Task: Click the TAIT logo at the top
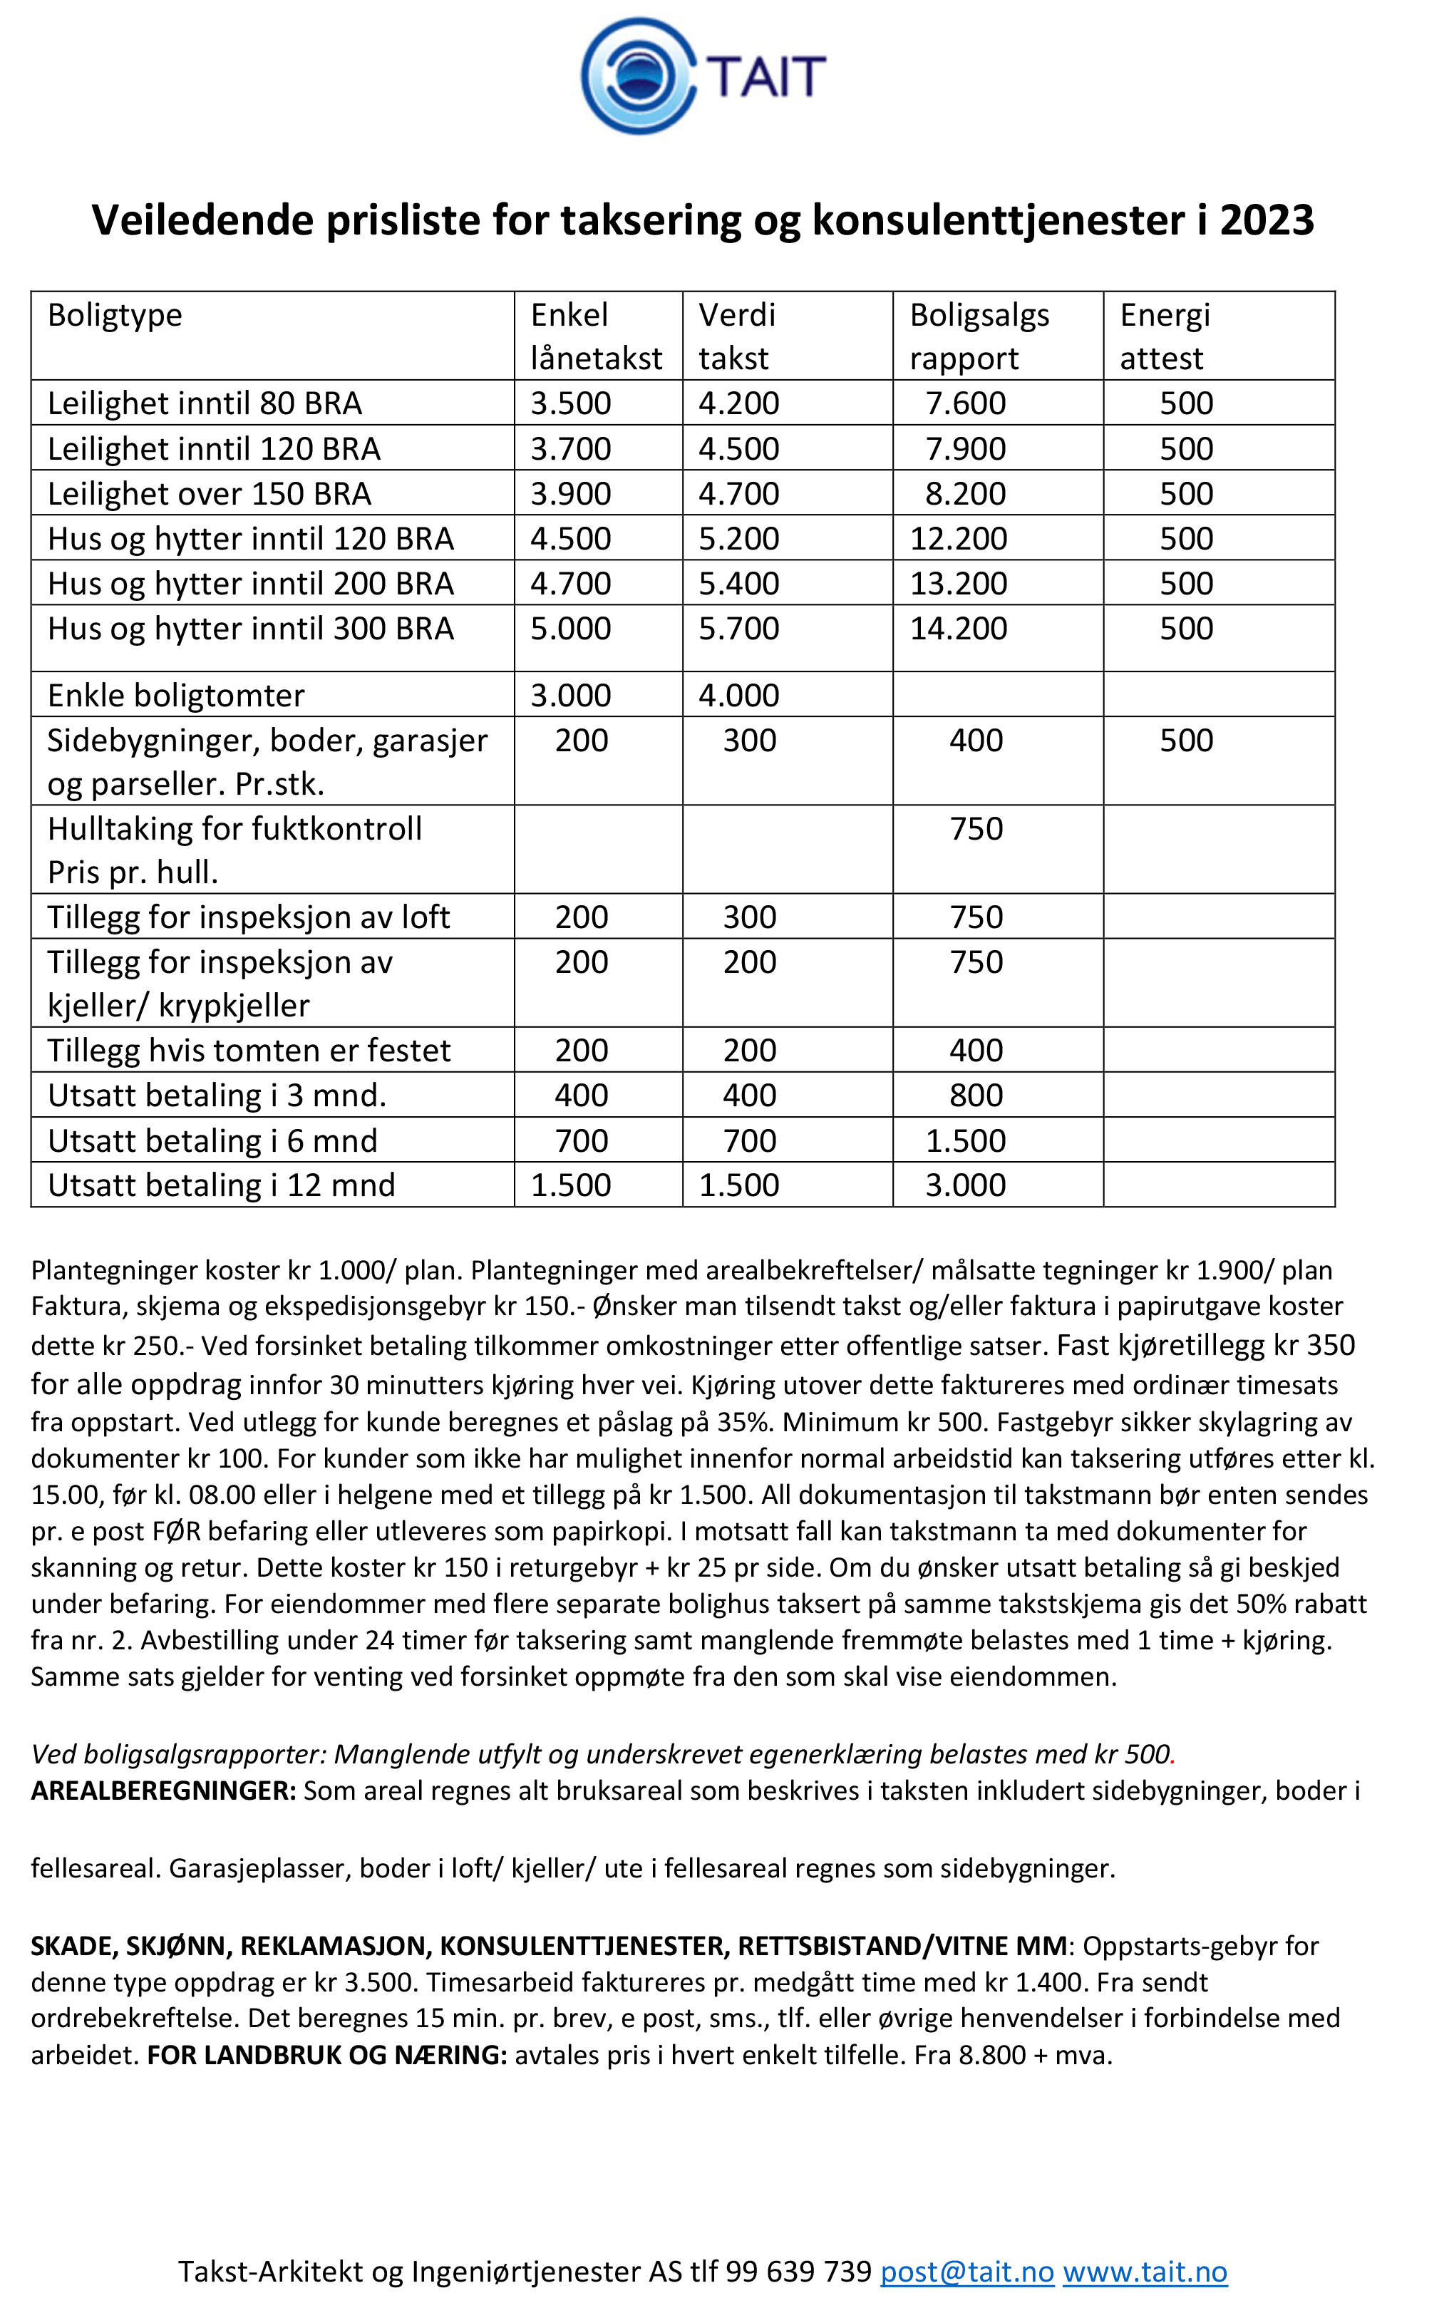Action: pyautogui.click(x=703, y=76)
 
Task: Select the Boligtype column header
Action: pyautogui.click(x=115, y=315)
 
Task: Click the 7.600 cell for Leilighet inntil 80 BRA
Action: pyautogui.click(x=966, y=403)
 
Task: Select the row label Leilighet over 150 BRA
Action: pyautogui.click(x=209, y=495)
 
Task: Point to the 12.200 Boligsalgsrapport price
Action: pyautogui.click(x=958, y=539)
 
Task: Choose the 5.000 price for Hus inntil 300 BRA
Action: pyautogui.click(x=570, y=629)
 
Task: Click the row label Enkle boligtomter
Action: pyautogui.click(x=175, y=696)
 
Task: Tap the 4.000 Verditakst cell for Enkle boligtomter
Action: pyautogui.click(x=738, y=696)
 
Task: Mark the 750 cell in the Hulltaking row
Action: pyautogui.click(x=976, y=829)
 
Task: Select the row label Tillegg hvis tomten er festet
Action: pyautogui.click(x=248, y=1051)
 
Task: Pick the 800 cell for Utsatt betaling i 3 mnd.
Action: pyautogui.click(x=976, y=1096)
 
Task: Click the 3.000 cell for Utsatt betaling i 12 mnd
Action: pyautogui.click(x=966, y=1185)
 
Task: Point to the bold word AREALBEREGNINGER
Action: pyautogui.click(x=163, y=1791)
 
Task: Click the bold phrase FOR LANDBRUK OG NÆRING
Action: pyautogui.click(x=327, y=2055)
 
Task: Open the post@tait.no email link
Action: pyautogui.click(x=966, y=2272)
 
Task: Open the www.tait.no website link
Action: pyautogui.click(x=1145, y=2272)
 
